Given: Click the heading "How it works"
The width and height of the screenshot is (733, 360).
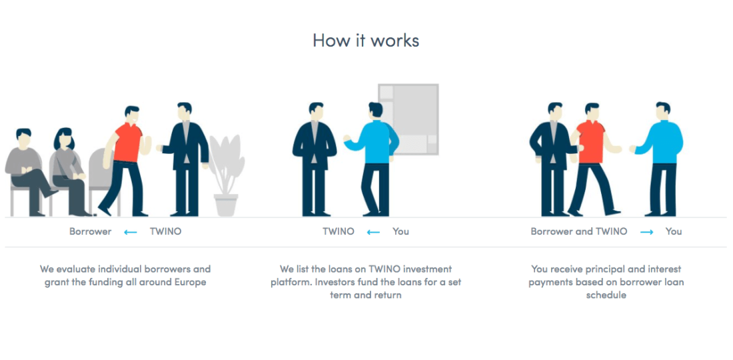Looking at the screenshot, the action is pyautogui.click(x=366, y=40).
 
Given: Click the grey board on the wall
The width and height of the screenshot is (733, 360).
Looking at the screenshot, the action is pyautogui.click(x=408, y=119).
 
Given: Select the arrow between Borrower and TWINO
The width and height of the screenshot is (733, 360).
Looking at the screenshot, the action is pyautogui.click(x=131, y=232).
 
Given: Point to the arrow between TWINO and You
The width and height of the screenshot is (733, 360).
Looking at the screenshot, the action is pyautogui.click(x=374, y=232).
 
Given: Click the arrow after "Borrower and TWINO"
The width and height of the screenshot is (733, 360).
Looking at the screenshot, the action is pyautogui.click(x=646, y=232).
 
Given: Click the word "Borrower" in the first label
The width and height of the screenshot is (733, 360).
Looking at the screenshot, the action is pyautogui.click(x=90, y=231).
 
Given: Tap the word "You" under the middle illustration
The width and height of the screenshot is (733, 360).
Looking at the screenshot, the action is pyautogui.click(x=400, y=231).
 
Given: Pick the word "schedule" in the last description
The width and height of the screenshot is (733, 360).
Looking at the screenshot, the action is pyautogui.click(x=606, y=295).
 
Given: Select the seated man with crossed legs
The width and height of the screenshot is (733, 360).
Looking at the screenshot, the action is pyautogui.click(x=28, y=172).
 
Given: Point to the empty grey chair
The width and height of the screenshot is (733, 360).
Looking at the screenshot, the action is pyautogui.click(x=100, y=177).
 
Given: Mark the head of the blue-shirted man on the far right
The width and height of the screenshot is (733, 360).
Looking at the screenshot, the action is pyautogui.click(x=662, y=111).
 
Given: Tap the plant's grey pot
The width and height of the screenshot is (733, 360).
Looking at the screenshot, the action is pyautogui.click(x=226, y=205).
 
